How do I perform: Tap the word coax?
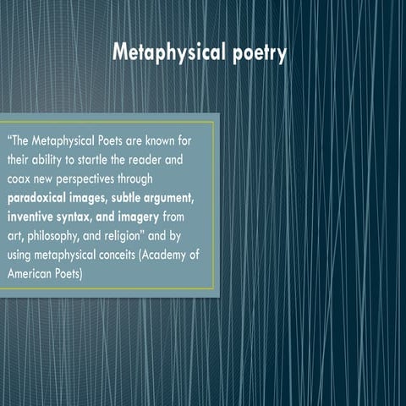pos(20,177)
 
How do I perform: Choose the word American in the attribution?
pos(30,274)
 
